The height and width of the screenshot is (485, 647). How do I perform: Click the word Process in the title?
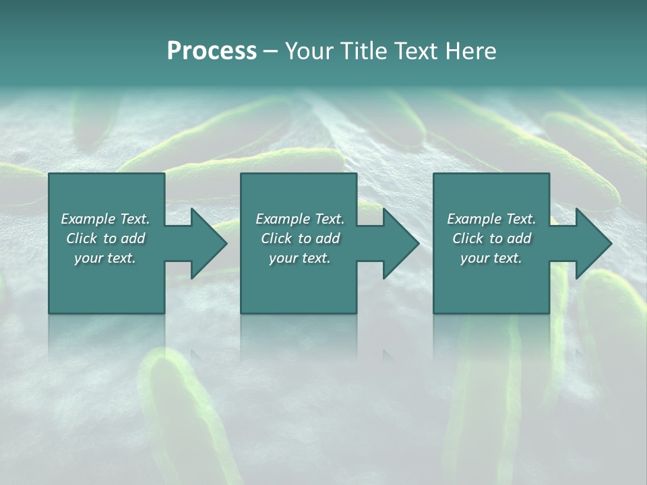pyautogui.click(x=212, y=51)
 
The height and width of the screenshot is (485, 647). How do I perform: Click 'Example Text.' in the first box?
pyautogui.click(x=105, y=219)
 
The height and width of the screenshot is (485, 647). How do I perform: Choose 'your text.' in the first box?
pyautogui.click(x=105, y=258)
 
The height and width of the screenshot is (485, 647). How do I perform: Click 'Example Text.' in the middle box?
pyautogui.click(x=300, y=219)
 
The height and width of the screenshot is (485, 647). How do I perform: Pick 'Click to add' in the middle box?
pyautogui.click(x=300, y=238)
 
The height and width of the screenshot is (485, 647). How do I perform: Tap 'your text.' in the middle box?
pyautogui.click(x=300, y=258)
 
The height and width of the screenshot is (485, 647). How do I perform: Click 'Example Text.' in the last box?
pyautogui.click(x=491, y=219)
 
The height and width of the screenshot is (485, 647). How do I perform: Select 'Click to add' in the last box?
pyautogui.click(x=491, y=238)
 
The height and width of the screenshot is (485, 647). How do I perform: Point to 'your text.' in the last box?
pyautogui.click(x=491, y=258)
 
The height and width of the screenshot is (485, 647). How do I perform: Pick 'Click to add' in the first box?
pyautogui.click(x=105, y=238)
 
